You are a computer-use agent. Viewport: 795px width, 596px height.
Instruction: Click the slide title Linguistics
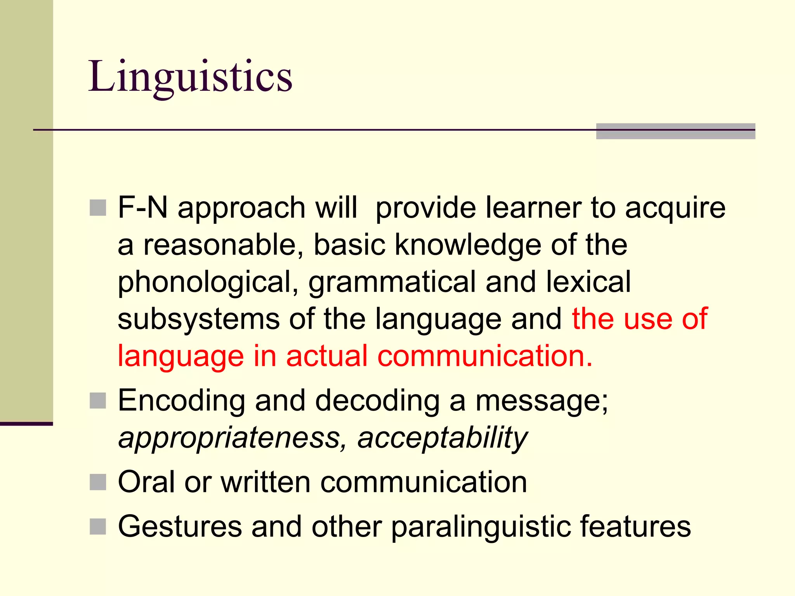(x=190, y=76)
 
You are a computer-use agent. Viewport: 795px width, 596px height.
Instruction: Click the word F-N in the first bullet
(x=142, y=208)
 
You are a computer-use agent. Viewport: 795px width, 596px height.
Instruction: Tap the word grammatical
(x=392, y=282)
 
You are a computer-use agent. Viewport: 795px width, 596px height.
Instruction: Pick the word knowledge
(x=468, y=245)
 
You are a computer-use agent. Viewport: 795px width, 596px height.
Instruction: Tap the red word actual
(x=327, y=356)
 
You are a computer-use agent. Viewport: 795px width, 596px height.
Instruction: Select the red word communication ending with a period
(x=485, y=356)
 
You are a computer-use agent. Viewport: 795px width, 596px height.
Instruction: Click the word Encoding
(x=181, y=401)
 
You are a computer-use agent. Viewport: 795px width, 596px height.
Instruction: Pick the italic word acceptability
(x=443, y=438)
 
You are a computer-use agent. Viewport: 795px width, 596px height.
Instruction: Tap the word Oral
(x=146, y=482)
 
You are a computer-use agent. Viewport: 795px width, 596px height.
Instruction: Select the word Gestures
(x=180, y=527)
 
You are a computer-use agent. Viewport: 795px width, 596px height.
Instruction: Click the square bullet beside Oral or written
(x=98, y=482)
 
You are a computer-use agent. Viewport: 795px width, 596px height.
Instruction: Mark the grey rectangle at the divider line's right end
(x=675, y=131)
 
